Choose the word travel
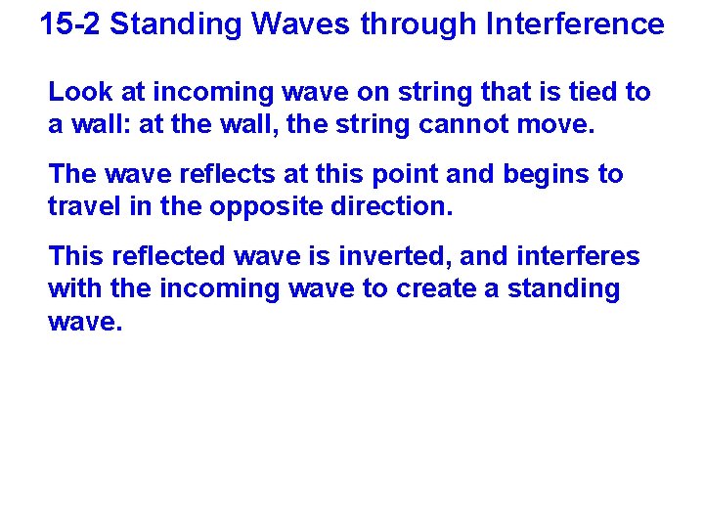86,208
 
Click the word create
436,290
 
